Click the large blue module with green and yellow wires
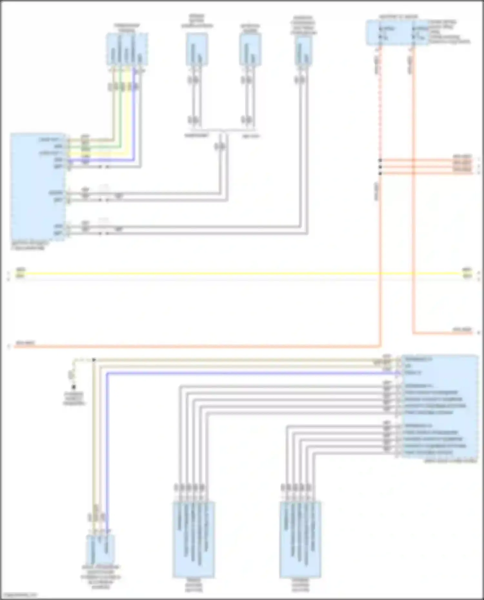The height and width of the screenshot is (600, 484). coord(38,187)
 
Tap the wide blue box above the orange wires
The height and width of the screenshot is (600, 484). coord(397,33)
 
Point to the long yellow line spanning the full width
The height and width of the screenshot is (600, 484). coord(242,273)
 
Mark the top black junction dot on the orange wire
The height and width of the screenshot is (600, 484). coord(380,160)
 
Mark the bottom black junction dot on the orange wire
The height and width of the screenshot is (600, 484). coord(380,173)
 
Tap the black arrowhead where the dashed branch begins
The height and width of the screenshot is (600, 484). coord(94,359)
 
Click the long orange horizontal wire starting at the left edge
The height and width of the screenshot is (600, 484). coord(194,347)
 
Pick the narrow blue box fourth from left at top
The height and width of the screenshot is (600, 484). coord(303,51)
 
